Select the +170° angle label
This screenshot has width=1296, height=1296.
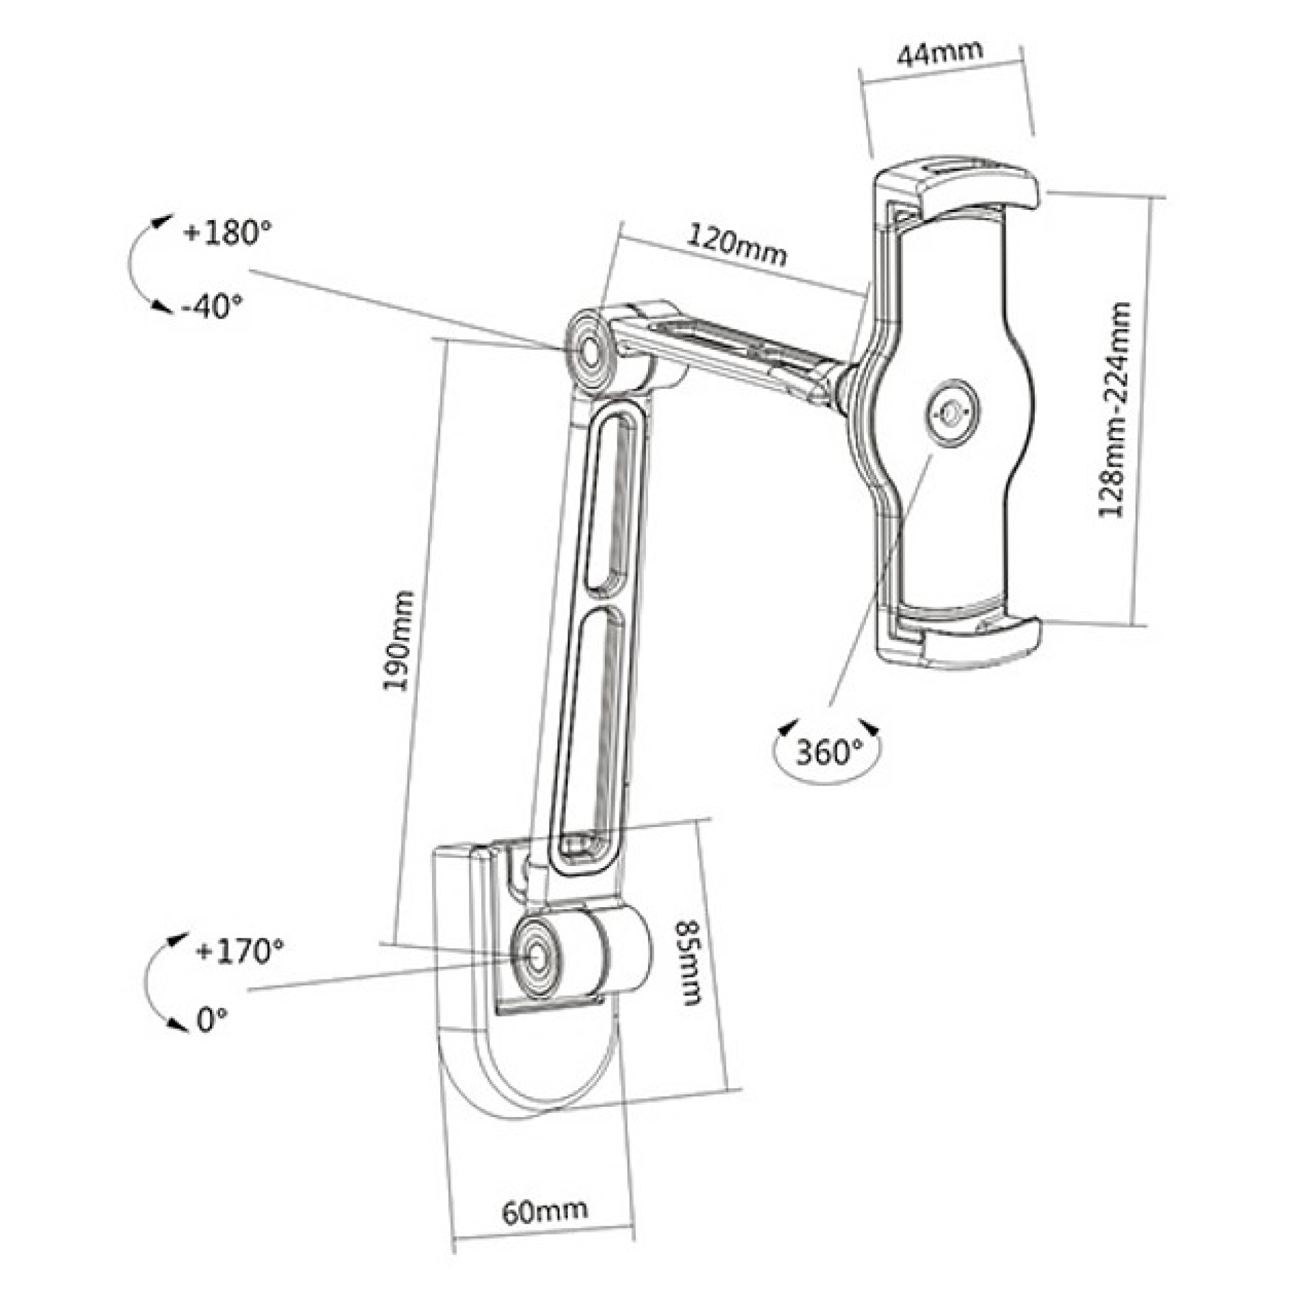(239, 951)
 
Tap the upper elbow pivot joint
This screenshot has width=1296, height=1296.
(591, 352)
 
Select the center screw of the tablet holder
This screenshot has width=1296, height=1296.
(952, 412)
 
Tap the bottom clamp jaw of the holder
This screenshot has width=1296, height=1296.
(972, 638)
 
